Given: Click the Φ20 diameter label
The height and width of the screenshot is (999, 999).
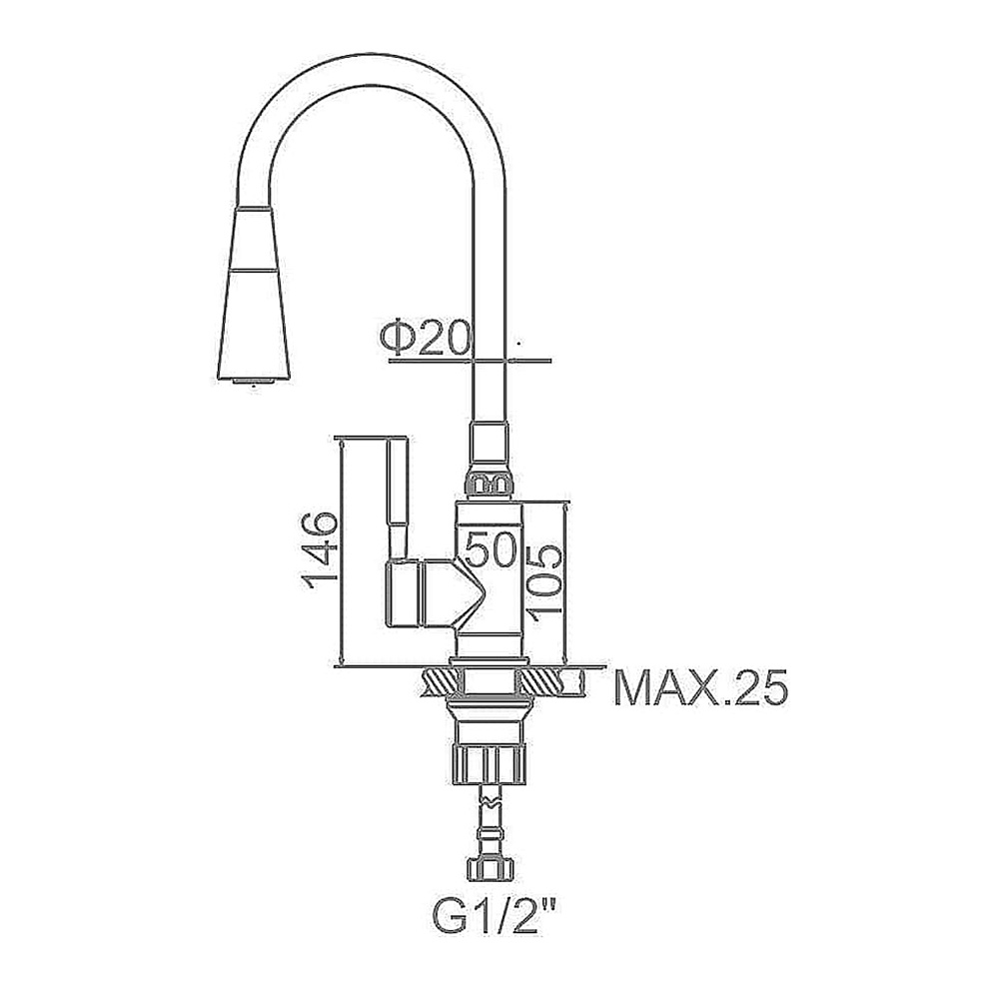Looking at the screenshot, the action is pos(425,338).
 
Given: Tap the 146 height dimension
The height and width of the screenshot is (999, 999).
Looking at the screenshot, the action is pos(320,549).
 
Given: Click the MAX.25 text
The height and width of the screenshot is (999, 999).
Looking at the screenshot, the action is pos(701,687).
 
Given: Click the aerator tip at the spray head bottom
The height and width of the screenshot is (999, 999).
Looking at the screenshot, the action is pos(254,382).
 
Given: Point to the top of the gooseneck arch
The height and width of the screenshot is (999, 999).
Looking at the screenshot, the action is pos(372,70).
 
